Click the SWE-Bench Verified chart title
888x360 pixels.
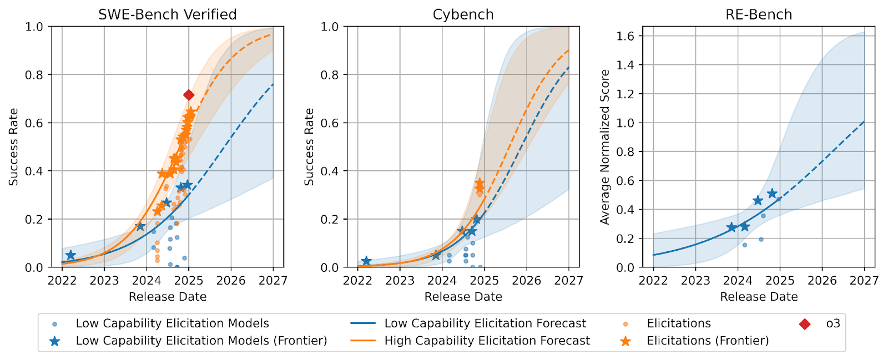click(x=167, y=14)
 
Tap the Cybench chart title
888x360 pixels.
click(x=463, y=14)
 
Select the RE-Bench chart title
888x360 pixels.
click(x=759, y=14)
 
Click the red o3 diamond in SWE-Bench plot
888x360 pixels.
click(x=189, y=95)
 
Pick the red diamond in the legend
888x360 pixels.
click(x=805, y=324)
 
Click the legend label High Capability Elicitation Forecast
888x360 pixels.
click(x=487, y=341)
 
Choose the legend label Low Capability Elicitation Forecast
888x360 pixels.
click(x=485, y=323)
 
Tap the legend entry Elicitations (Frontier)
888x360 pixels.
click(x=708, y=341)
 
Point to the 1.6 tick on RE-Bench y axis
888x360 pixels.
click(x=625, y=36)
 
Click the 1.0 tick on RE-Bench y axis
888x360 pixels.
click(x=625, y=123)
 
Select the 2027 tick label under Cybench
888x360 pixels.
click(x=568, y=280)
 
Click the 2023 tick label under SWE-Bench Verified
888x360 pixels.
click(x=104, y=280)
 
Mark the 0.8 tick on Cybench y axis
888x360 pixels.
click(x=330, y=75)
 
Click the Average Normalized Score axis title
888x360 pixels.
click(x=604, y=147)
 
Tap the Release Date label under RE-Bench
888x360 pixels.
click(x=759, y=297)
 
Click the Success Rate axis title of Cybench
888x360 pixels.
click(x=309, y=147)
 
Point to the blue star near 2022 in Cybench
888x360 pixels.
click(x=366, y=261)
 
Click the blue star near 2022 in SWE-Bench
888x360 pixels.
click(x=70, y=255)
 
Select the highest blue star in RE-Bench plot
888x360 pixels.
click(x=772, y=194)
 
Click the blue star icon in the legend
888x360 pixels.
click(x=55, y=341)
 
